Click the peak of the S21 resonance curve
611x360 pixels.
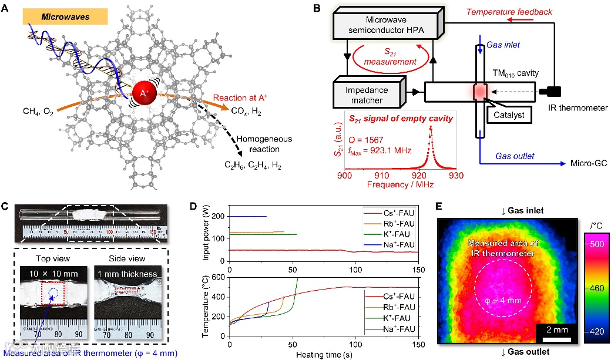click(x=430, y=127)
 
